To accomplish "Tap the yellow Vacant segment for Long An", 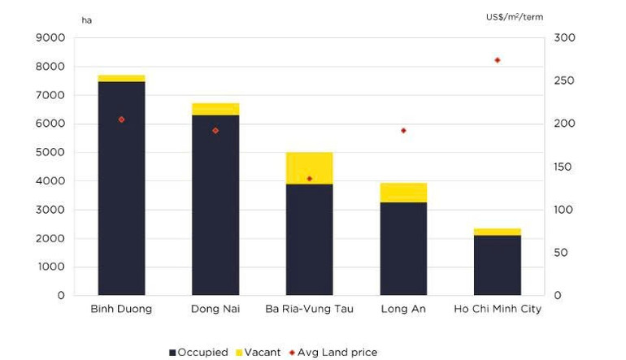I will (403, 193).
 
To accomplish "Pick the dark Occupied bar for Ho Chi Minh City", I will (498, 265).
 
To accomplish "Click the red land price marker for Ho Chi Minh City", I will (498, 60).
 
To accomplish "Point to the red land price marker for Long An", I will (403, 130).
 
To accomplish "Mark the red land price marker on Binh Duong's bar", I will (121, 119).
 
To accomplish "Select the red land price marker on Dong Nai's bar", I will (215, 130).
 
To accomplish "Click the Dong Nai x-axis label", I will (215, 309).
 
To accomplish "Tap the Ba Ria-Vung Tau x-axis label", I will (309, 309).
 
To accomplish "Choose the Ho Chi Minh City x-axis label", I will (498, 309).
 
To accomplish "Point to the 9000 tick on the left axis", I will (50, 38).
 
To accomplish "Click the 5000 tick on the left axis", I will (50, 153).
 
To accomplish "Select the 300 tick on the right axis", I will (564, 38).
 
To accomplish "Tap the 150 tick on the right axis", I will (564, 167).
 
